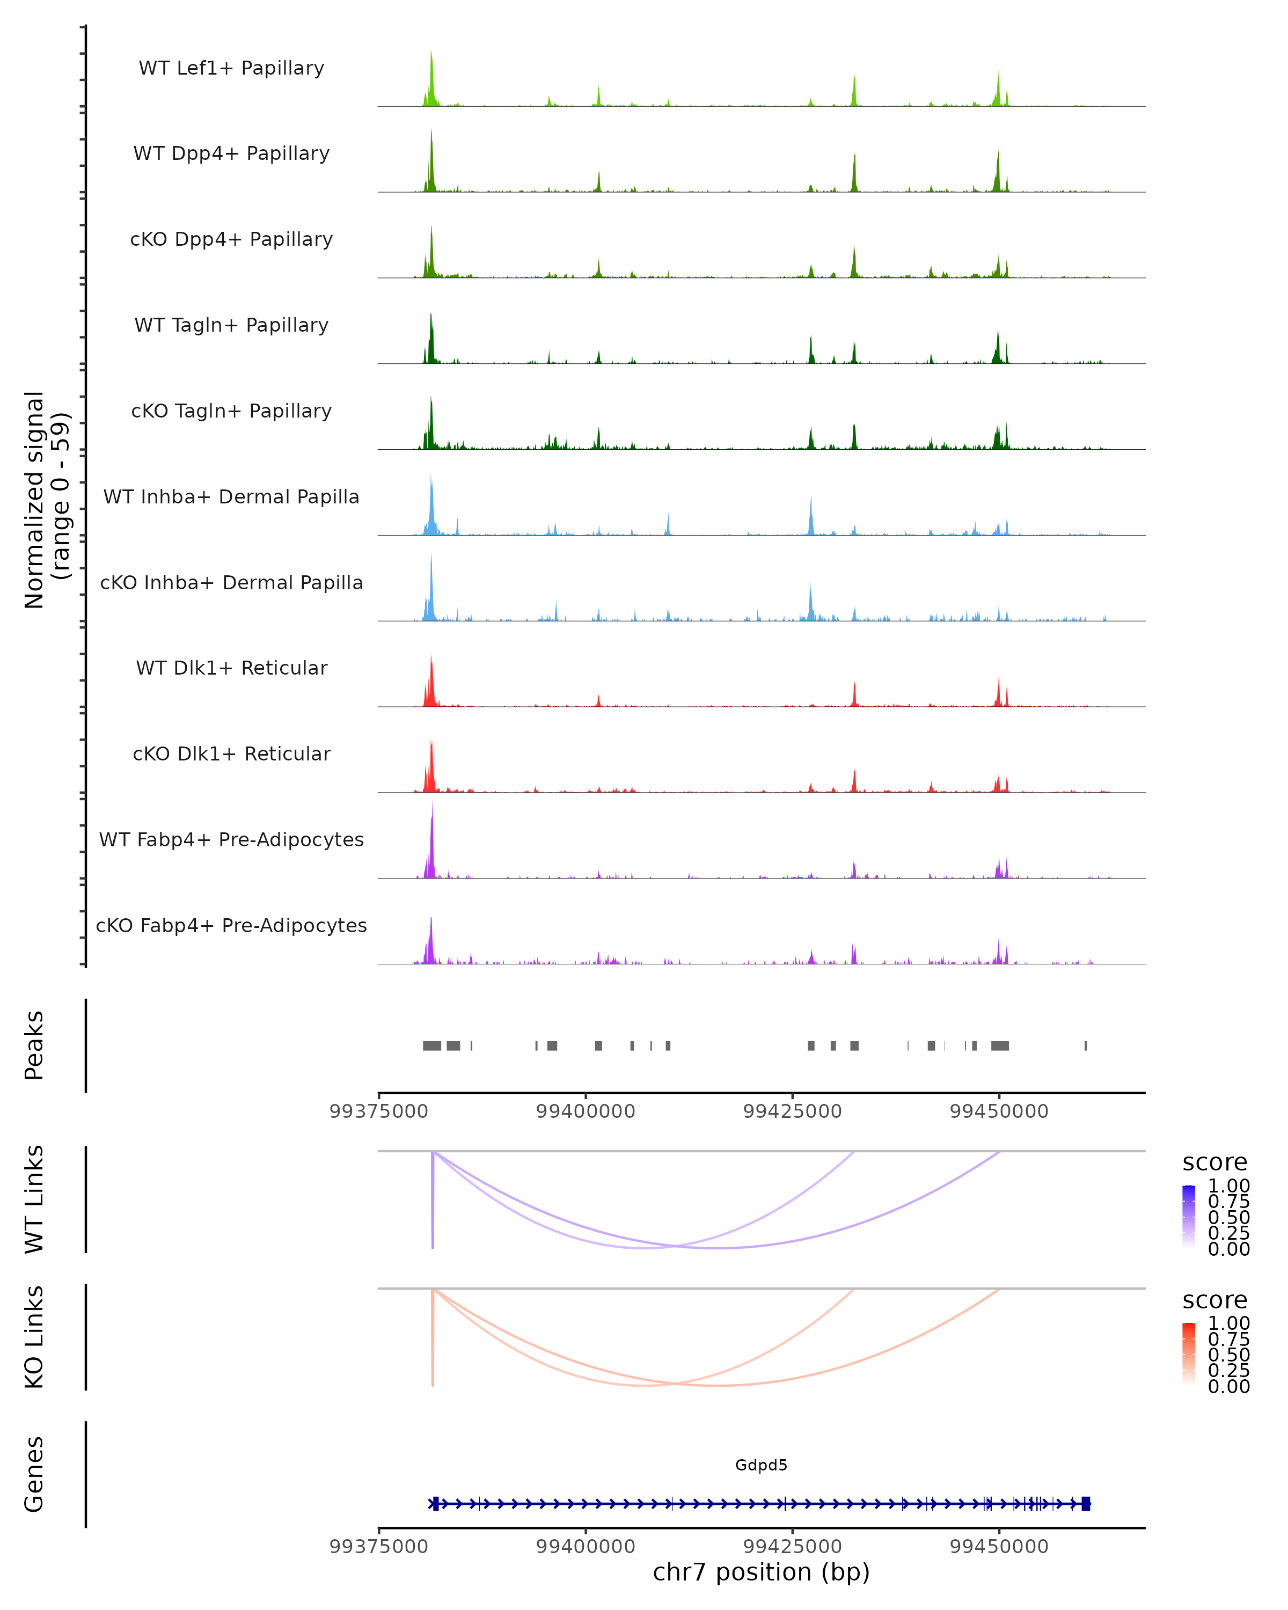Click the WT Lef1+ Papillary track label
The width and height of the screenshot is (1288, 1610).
point(231,68)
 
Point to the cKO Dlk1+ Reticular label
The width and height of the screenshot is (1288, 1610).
point(231,753)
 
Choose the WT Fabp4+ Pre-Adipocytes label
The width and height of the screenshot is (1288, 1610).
point(231,839)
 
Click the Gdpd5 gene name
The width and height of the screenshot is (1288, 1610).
point(761,1465)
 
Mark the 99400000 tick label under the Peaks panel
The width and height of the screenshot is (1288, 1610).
point(586,1111)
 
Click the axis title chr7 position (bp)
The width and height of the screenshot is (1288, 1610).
point(761,1572)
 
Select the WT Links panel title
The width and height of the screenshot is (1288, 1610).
point(34,1199)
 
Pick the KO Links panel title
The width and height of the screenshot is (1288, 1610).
point(34,1337)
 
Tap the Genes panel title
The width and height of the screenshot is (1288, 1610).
point(34,1474)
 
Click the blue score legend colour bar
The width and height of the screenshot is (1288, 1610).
point(1189,1216)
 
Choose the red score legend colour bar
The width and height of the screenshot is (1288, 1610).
point(1189,1353)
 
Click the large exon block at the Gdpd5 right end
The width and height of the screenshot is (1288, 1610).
point(1086,1503)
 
